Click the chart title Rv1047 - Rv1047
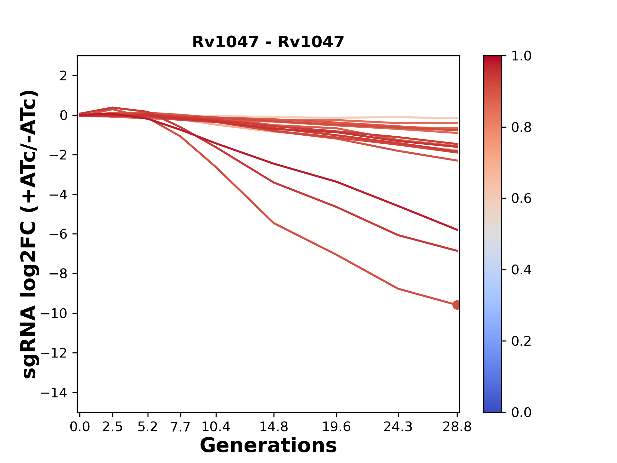pyautogui.click(x=268, y=42)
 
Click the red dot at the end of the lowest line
pyautogui.click(x=457, y=305)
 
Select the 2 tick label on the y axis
pyautogui.click(x=63, y=76)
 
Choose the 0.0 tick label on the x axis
pyautogui.click(x=80, y=427)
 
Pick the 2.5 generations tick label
pyautogui.click(x=112, y=427)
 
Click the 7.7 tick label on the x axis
pyautogui.click(x=181, y=427)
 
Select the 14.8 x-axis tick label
pyautogui.click(x=273, y=427)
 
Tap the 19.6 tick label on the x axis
pyautogui.click(x=336, y=427)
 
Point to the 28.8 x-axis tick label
pyautogui.click(x=457, y=427)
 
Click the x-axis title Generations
pyautogui.click(x=268, y=446)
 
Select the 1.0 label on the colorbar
pyautogui.click(x=521, y=56)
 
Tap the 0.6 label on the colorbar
pyautogui.click(x=521, y=199)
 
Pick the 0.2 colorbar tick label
pyautogui.click(x=521, y=341)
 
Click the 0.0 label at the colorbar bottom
pyautogui.click(x=521, y=412)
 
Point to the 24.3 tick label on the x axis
pyautogui.click(x=398, y=427)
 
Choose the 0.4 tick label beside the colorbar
pyautogui.click(x=521, y=270)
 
